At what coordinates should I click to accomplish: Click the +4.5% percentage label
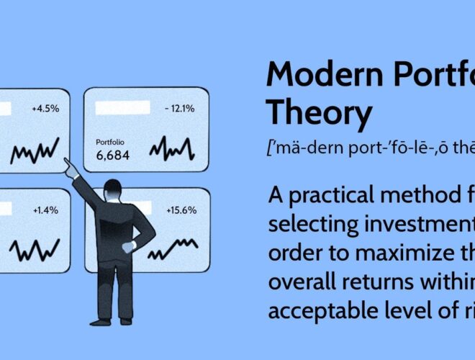click(45, 109)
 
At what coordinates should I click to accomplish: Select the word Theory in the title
click(319, 113)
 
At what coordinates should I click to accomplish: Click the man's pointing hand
click(70, 168)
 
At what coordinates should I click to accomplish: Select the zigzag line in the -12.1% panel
click(172, 150)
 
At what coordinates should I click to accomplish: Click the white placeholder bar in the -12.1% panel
click(122, 109)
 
